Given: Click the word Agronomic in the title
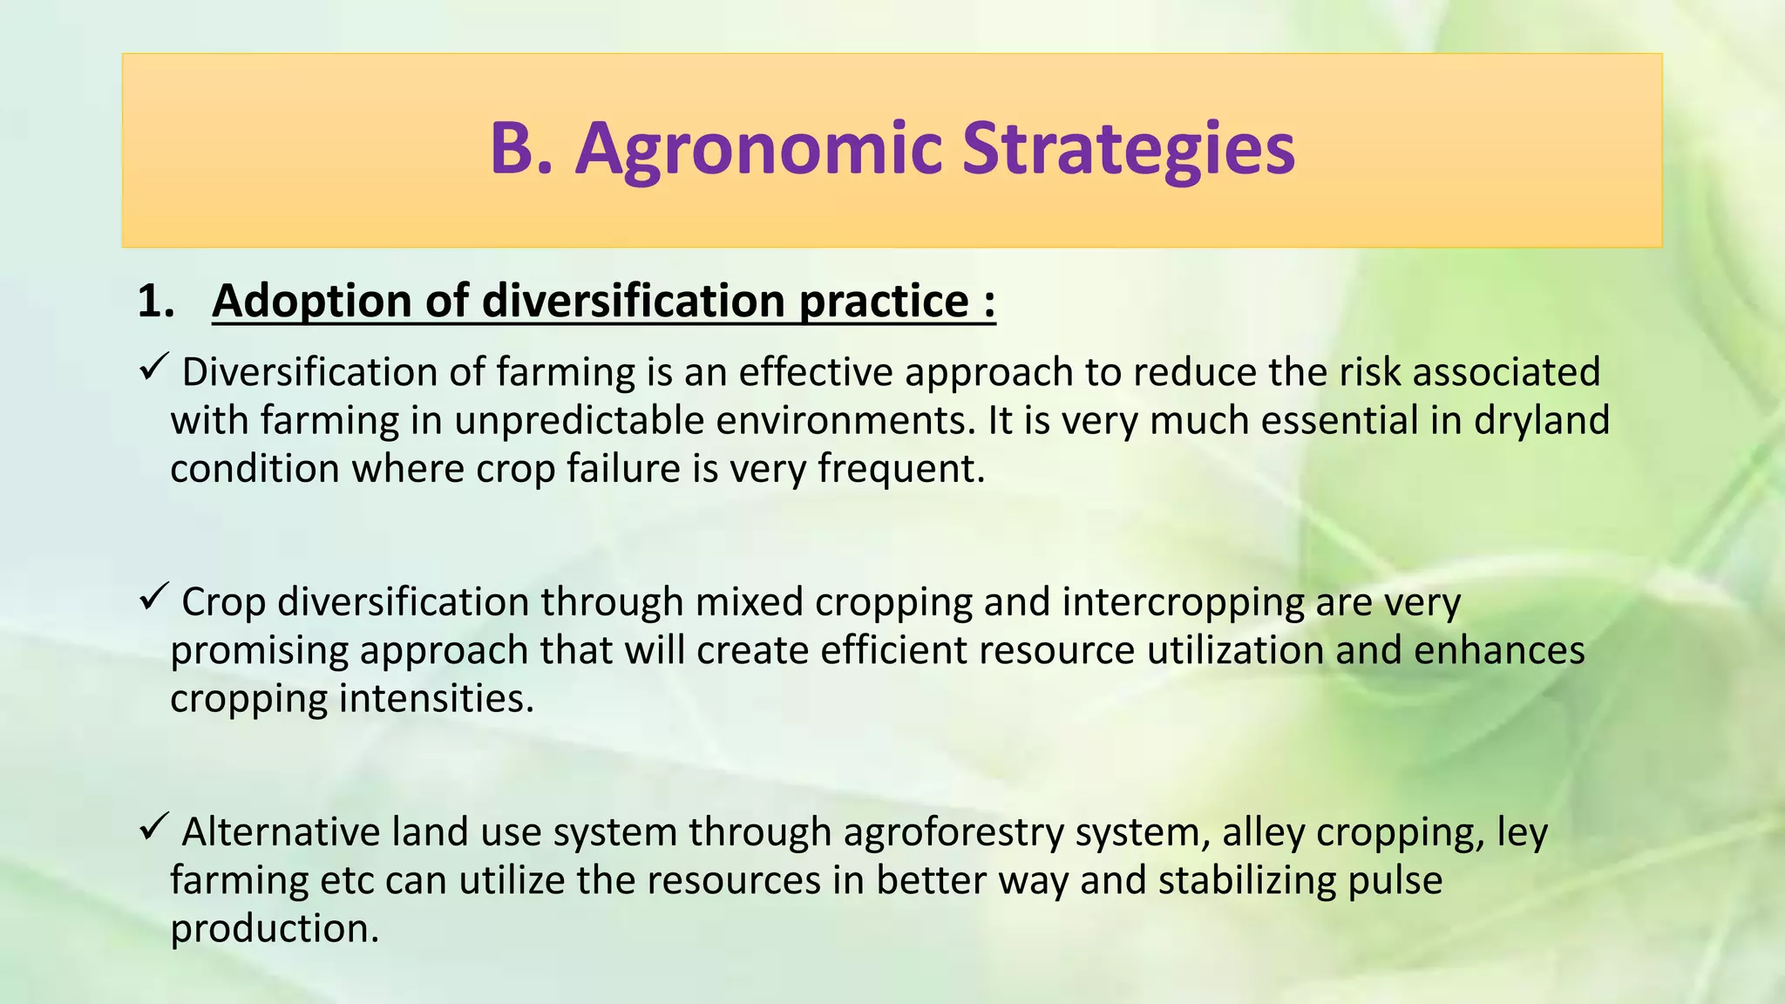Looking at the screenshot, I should click(x=758, y=150).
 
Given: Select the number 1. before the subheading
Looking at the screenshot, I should click(x=156, y=302).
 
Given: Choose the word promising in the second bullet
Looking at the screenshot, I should click(x=260, y=651).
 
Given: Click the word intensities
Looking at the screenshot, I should click(x=436, y=699).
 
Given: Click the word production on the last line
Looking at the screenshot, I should click(x=275, y=929).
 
